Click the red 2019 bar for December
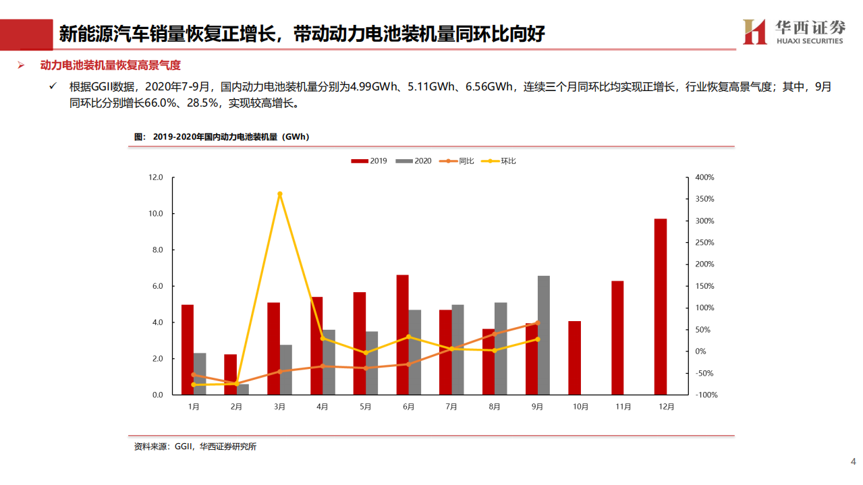pyautogui.click(x=660, y=306)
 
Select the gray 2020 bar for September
pyautogui.click(x=544, y=335)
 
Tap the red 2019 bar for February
pyautogui.click(x=230, y=374)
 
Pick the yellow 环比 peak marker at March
pyautogui.click(x=280, y=194)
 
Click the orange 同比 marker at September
pyautogui.click(x=538, y=323)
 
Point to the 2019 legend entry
pyautogui.click(x=369, y=161)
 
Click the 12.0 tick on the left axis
pyautogui.click(x=156, y=177)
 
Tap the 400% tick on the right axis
pyautogui.click(x=704, y=177)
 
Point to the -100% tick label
pyautogui.click(x=706, y=395)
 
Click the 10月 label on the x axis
pyautogui.click(x=580, y=407)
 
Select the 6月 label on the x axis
pyautogui.click(x=409, y=407)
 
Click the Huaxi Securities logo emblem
pyautogui.click(x=754, y=32)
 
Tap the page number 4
pyautogui.click(x=853, y=461)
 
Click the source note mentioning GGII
pyautogui.click(x=195, y=447)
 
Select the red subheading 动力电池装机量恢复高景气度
pyautogui.click(x=111, y=65)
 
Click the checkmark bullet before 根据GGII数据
pyautogui.click(x=53, y=86)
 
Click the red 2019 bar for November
pyautogui.click(x=617, y=337)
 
